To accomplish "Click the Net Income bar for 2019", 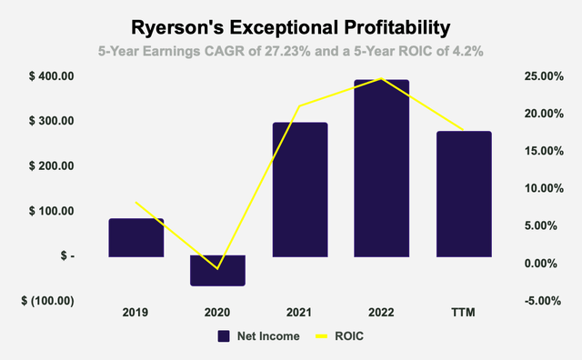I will [x=135, y=237].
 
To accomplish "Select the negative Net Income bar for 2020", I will [x=218, y=270].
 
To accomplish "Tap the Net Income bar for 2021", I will [x=300, y=189].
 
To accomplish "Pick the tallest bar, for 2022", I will [x=381, y=168].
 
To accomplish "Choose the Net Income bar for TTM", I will [x=464, y=194].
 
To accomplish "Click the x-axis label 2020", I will [x=218, y=313].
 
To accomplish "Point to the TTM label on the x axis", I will [x=464, y=313].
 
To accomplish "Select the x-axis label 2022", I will [x=381, y=313].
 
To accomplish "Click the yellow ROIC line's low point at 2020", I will [x=218, y=268].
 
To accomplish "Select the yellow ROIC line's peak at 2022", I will [x=381, y=78].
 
